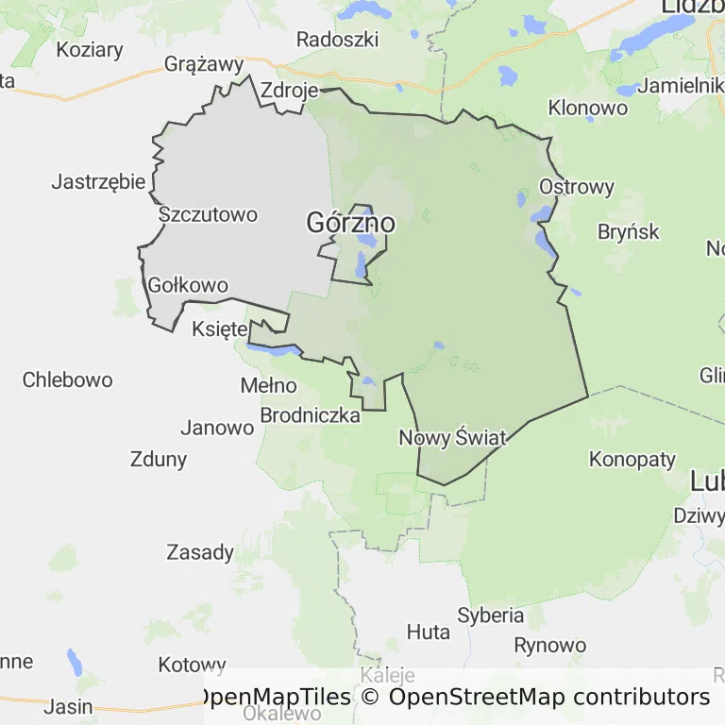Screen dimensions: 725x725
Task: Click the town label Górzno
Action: coord(350,224)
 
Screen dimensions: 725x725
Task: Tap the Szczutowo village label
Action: coord(208,214)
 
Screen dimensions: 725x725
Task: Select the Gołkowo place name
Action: coord(189,285)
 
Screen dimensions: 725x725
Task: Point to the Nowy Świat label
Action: coord(452,438)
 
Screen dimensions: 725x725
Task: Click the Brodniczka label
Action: coord(310,415)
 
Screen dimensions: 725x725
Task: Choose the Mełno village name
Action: coord(269,386)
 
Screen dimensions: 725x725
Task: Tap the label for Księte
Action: coord(219,329)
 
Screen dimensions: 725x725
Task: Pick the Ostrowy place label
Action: coord(577,187)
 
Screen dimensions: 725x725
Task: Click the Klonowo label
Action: coord(588,108)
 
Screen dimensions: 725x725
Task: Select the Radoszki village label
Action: coord(337,40)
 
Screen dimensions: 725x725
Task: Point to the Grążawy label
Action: coord(204,64)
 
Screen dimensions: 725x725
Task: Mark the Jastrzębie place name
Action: coord(98,182)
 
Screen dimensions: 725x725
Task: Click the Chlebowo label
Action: coord(68,380)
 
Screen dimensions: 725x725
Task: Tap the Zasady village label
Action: coord(200,552)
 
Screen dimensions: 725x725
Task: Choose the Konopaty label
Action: coord(632,460)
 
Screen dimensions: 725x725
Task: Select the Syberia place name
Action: coord(491,615)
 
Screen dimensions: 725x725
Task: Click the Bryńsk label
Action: coord(628,231)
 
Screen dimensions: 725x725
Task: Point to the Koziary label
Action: coord(90,49)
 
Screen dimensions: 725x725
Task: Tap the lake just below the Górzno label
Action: coord(361,265)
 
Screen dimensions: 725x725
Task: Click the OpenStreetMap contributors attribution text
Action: coord(548,698)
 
